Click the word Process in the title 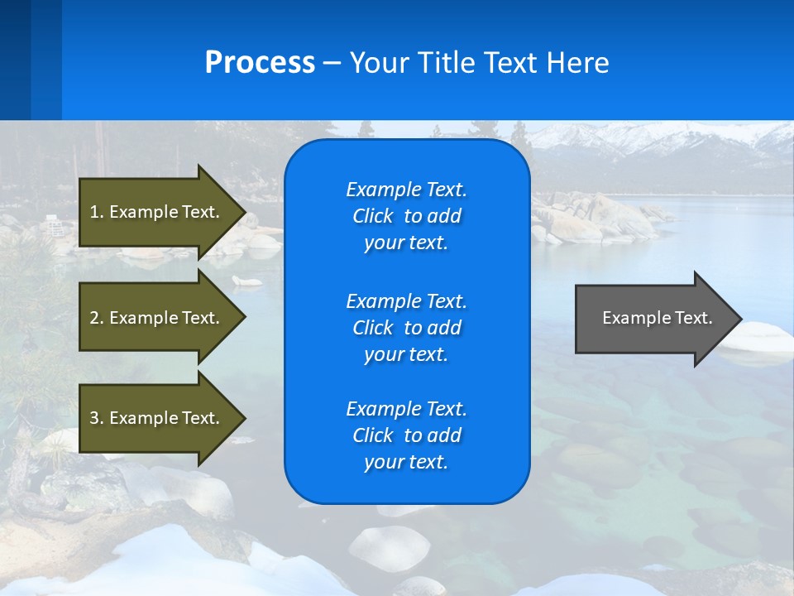260,63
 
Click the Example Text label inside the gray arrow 657,318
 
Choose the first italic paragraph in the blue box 406,216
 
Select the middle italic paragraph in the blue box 406,327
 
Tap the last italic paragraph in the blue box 406,435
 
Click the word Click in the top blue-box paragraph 373,216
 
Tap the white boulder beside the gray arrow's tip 761,339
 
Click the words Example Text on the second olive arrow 165,318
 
